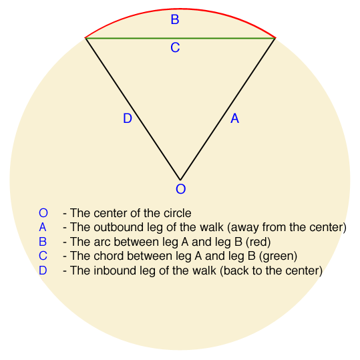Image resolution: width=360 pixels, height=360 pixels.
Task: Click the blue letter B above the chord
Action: pyautogui.click(x=175, y=19)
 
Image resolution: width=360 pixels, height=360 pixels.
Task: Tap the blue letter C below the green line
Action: pyautogui.click(x=175, y=47)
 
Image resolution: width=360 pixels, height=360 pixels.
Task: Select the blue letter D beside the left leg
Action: pyautogui.click(x=128, y=118)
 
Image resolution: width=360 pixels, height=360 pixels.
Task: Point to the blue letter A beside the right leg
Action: pyautogui.click(x=234, y=118)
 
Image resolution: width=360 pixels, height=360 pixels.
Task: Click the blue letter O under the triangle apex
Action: pyautogui.click(x=181, y=189)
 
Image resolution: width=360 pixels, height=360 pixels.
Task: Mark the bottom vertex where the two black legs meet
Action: pyautogui.click(x=180, y=180)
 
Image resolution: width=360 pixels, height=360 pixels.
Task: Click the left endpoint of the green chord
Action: pyautogui.click(x=85, y=38)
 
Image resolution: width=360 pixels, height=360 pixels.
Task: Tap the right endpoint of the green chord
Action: pyautogui.click(x=275, y=38)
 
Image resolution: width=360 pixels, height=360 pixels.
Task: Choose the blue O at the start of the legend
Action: pyautogui.click(x=43, y=213)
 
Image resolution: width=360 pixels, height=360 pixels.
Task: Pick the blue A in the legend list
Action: pyautogui.click(x=43, y=227)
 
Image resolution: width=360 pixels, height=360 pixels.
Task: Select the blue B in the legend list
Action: pyautogui.click(x=43, y=242)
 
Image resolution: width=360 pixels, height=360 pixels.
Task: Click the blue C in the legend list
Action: pyautogui.click(x=43, y=256)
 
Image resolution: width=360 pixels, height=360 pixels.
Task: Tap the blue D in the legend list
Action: pyautogui.click(x=43, y=271)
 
